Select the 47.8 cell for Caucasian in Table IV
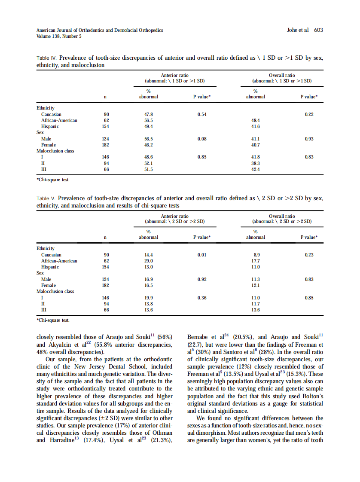coord(149,115)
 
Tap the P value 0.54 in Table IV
coord(202,115)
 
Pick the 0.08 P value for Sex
coord(202,139)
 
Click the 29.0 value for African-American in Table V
coord(149,261)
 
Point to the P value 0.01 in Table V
coord(202,255)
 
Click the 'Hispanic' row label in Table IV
coord(50,127)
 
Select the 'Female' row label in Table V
coord(49,285)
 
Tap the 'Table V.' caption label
coord(46,199)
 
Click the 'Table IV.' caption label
coord(46,58)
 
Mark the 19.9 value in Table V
coord(149,298)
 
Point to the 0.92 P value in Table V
coord(202,279)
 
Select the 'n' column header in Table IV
coord(106,97)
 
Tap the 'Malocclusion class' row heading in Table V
coord(55,291)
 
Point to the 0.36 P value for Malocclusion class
coord(202,298)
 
